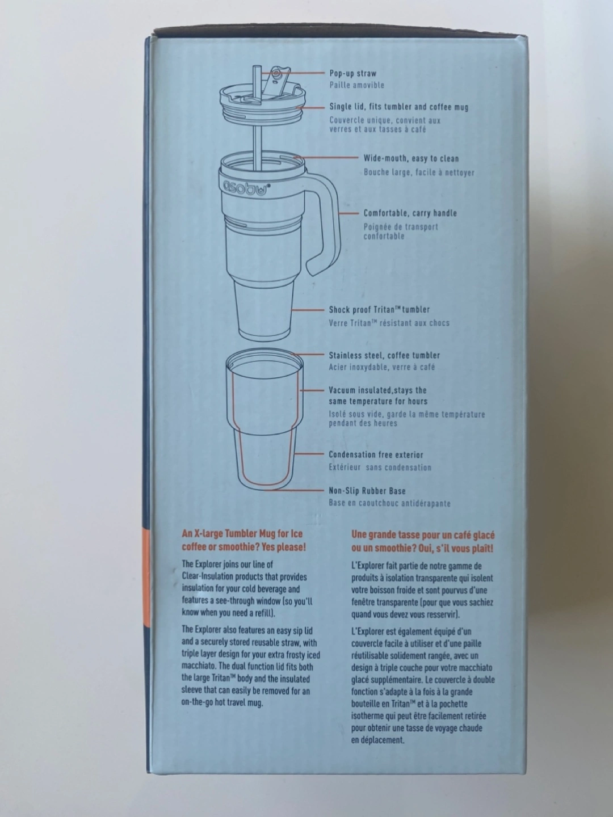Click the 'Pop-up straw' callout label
[x=353, y=73]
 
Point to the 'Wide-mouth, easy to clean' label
[x=411, y=158]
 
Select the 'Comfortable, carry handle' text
[x=410, y=213]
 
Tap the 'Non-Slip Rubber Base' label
[x=367, y=491]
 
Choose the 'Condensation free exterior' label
[x=376, y=454]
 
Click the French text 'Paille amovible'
[x=356, y=85]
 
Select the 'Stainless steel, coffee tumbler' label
[x=384, y=356]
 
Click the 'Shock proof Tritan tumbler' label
[x=379, y=309]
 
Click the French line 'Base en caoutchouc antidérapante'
[x=389, y=503]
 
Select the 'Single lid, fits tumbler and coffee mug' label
[x=398, y=107]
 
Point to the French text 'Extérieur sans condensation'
[x=380, y=468]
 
